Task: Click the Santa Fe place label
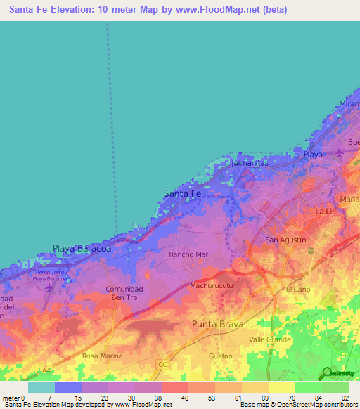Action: coord(182,193)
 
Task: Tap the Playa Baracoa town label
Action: coord(82,248)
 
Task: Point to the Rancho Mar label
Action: coord(188,254)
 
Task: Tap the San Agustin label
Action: coord(285,240)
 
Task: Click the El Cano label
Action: coord(298,289)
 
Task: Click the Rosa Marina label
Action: coord(103,356)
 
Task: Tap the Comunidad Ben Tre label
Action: coord(124,293)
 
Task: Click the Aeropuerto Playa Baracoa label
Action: coord(50,275)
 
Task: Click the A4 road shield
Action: coord(46,370)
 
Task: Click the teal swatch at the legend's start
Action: coord(41,387)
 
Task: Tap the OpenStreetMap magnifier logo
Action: coord(326,373)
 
